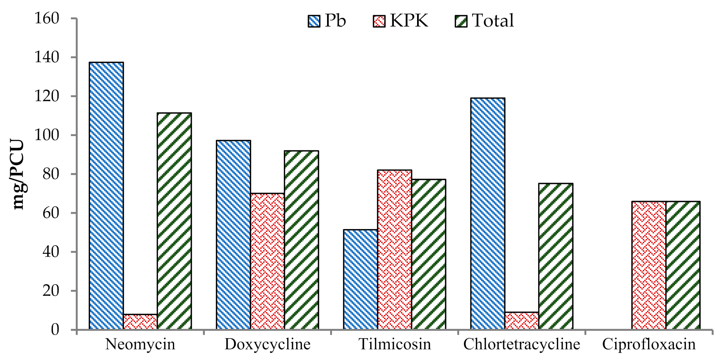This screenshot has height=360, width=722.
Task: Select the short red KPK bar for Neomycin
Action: click(140, 322)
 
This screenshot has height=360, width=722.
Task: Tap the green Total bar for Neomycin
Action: click(174, 221)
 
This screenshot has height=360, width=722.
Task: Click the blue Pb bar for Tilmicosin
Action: click(360, 279)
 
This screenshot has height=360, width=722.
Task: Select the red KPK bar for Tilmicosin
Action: click(394, 250)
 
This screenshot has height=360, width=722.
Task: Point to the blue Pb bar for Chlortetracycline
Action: click(488, 214)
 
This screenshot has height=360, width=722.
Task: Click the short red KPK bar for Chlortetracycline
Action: click(521, 321)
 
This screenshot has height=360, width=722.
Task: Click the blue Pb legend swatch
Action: click(314, 21)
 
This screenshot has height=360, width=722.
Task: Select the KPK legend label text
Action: click(409, 21)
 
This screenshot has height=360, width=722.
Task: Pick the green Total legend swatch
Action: click(461, 21)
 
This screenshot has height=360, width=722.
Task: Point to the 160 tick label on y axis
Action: click(47, 18)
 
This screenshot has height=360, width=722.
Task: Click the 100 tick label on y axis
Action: click(47, 135)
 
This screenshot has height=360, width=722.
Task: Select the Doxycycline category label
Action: click(267, 344)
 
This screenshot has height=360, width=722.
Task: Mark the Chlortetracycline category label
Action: click(521, 344)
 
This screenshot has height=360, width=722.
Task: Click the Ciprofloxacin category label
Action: click(649, 344)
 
